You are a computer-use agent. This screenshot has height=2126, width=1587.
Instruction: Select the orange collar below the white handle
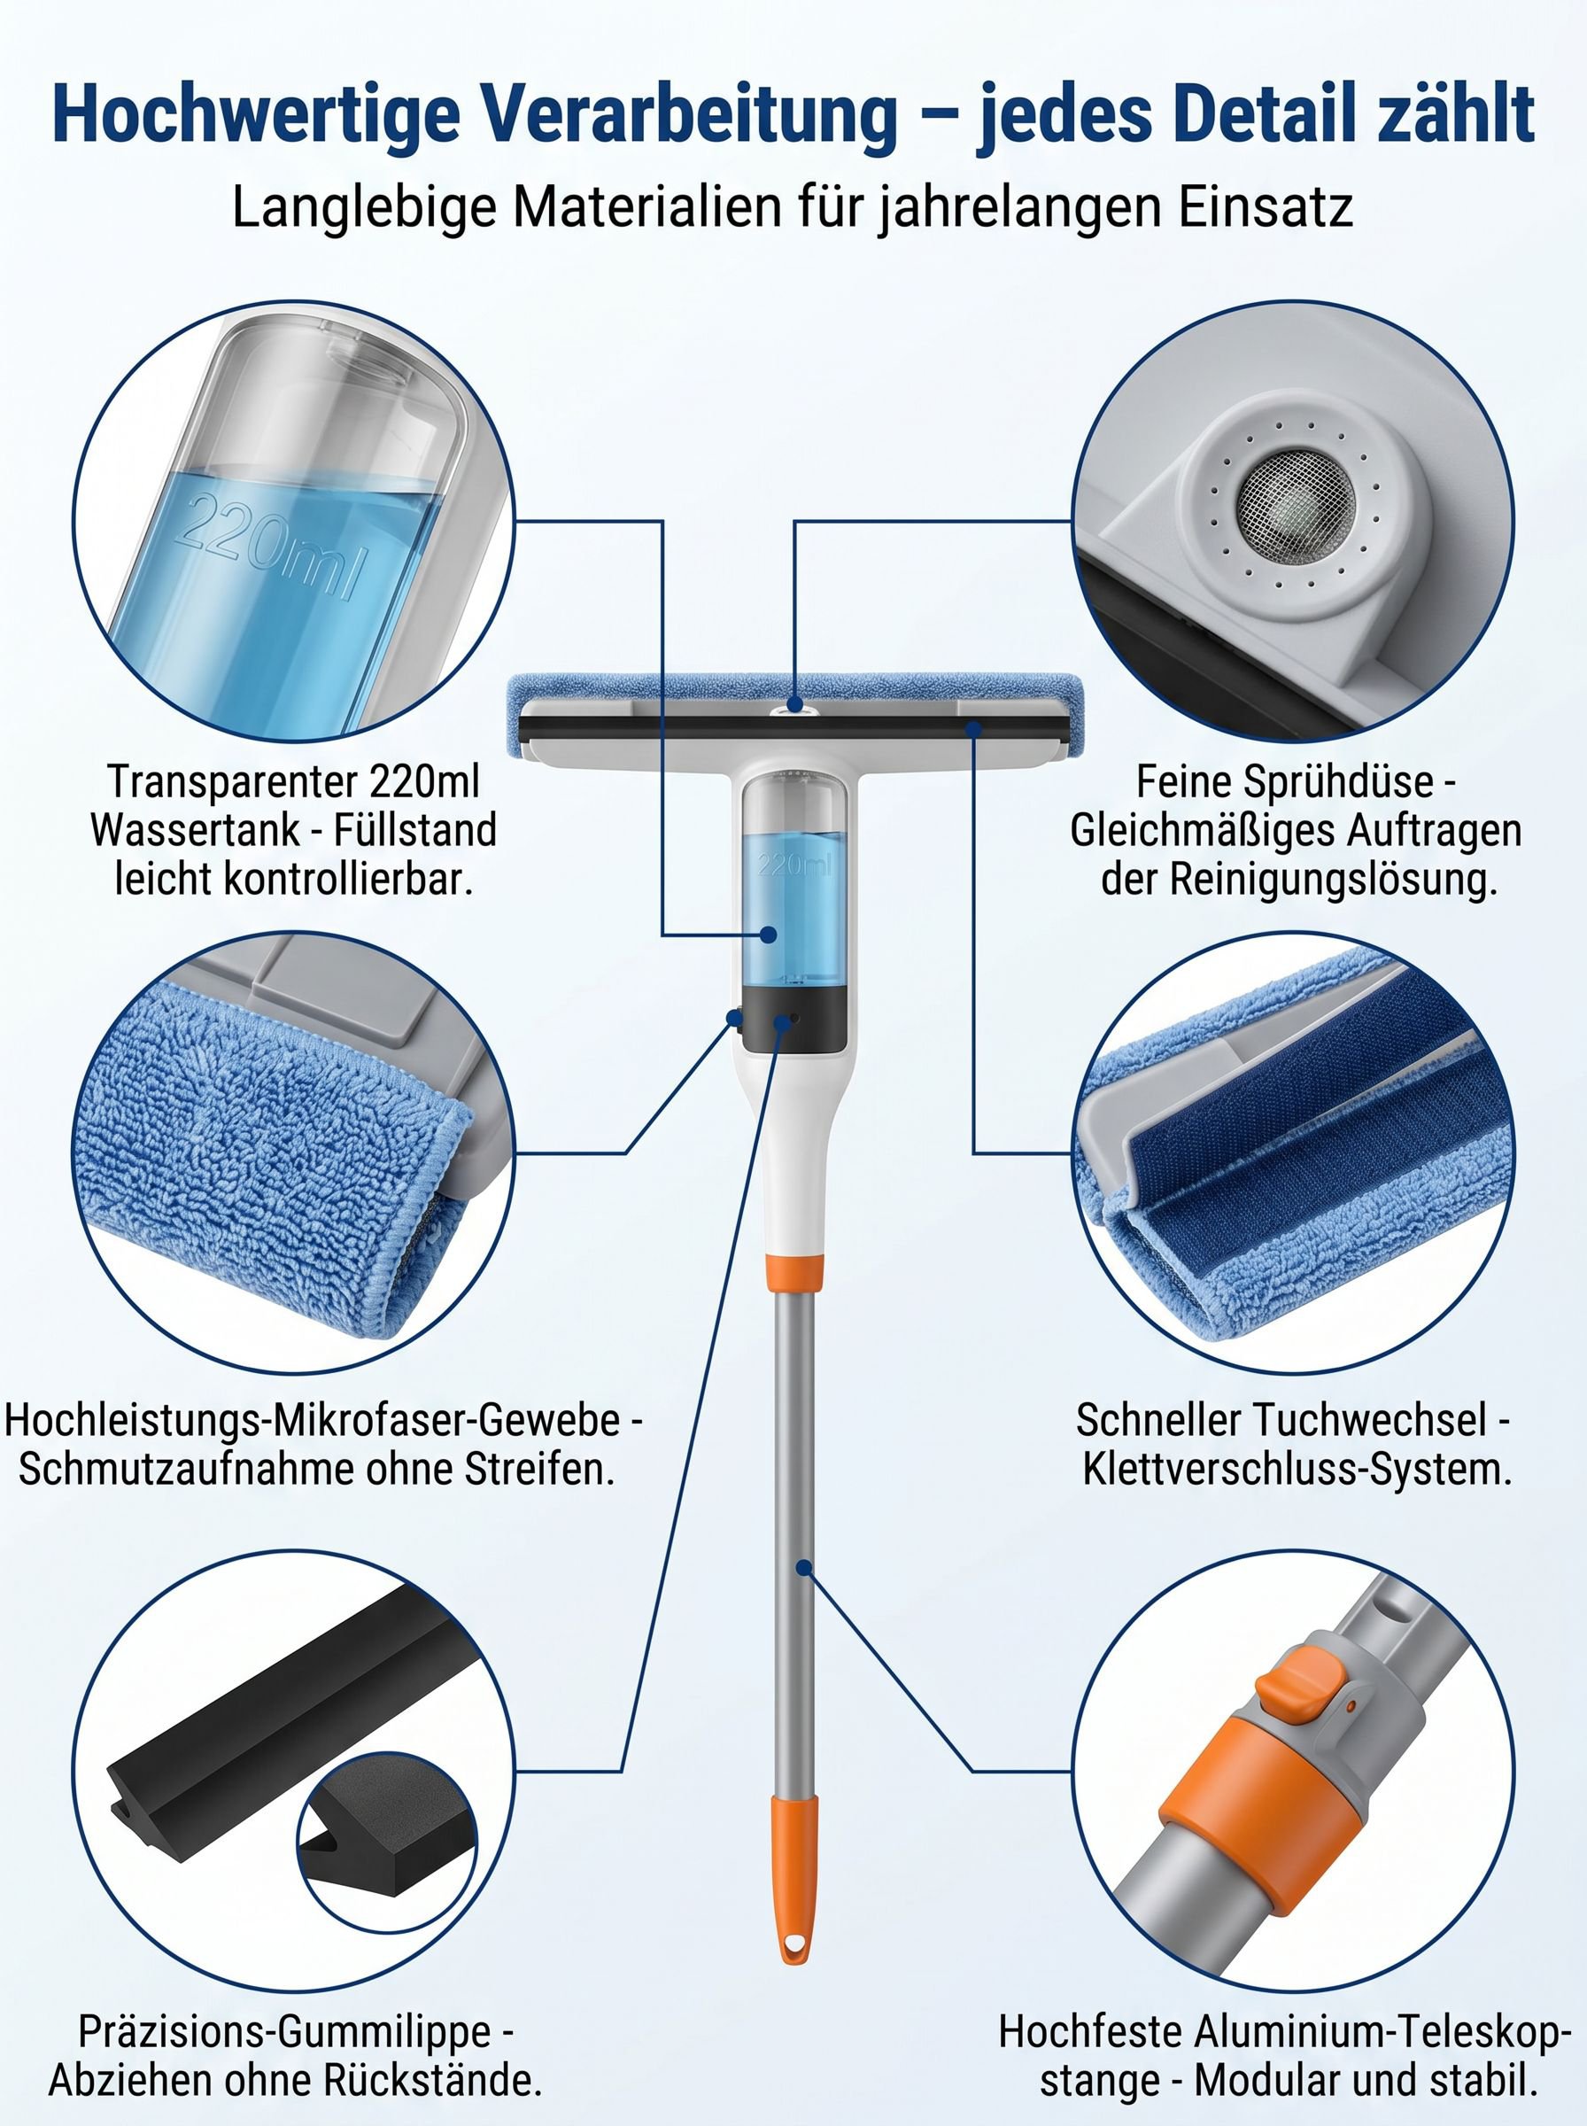pos(794,1272)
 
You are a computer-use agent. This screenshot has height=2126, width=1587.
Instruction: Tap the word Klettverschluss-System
pos(1297,1470)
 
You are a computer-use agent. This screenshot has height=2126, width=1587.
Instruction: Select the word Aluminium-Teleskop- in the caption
pos(1381,2033)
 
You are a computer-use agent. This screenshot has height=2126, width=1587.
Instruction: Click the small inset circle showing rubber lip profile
pos(385,1860)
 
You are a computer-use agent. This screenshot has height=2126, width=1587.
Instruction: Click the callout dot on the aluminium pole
pos(804,1569)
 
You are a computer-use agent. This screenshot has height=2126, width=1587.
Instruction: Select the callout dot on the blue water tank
pos(768,934)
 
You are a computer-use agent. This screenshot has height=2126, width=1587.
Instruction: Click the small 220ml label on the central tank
pos(793,865)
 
